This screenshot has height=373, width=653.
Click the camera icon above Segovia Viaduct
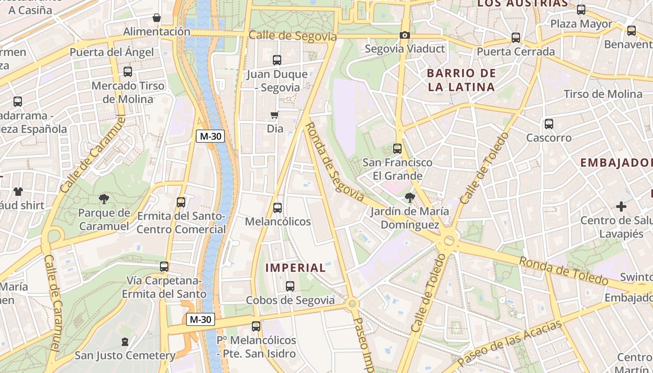pyautogui.click(x=404, y=35)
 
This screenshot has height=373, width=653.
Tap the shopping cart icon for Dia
pyautogui.click(x=275, y=115)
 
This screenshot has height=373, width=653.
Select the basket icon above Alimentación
pyautogui.click(x=157, y=18)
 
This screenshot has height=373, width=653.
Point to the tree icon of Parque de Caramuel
pyautogui.click(x=104, y=199)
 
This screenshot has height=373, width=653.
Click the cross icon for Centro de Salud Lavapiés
pyautogui.click(x=621, y=207)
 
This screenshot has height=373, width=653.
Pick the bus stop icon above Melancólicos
pyautogui.click(x=278, y=208)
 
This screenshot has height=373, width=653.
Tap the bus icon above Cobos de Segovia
pyautogui.click(x=290, y=286)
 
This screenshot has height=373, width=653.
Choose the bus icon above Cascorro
pyautogui.click(x=549, y=124)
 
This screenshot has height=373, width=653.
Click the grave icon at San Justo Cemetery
pyautogui.click(x=125, y=342)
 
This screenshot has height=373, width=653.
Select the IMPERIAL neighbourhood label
pyautogui.click(x=296, y=268)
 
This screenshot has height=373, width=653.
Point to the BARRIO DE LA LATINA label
pyautogui.click(x=461, y=80)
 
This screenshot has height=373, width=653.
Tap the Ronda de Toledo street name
pyautogui.click(x=563, y=271)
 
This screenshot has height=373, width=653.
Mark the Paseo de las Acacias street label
pyautogui.click(x=509, y=343)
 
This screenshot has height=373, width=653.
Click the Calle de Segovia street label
pyautogui.click(x=292, y=36)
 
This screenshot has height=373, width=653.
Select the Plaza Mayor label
pyautogui.click(x=581, y=24)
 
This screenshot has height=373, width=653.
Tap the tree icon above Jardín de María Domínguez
pyautogui.click(x=410, y=198)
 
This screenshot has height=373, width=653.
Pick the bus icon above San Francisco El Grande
pyautogui.click(x=397, y=149)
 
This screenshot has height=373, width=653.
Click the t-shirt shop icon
pyautogui.click(x=18, y=191)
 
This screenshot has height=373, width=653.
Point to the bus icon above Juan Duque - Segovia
pyautogui.click(x=277, y=60)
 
